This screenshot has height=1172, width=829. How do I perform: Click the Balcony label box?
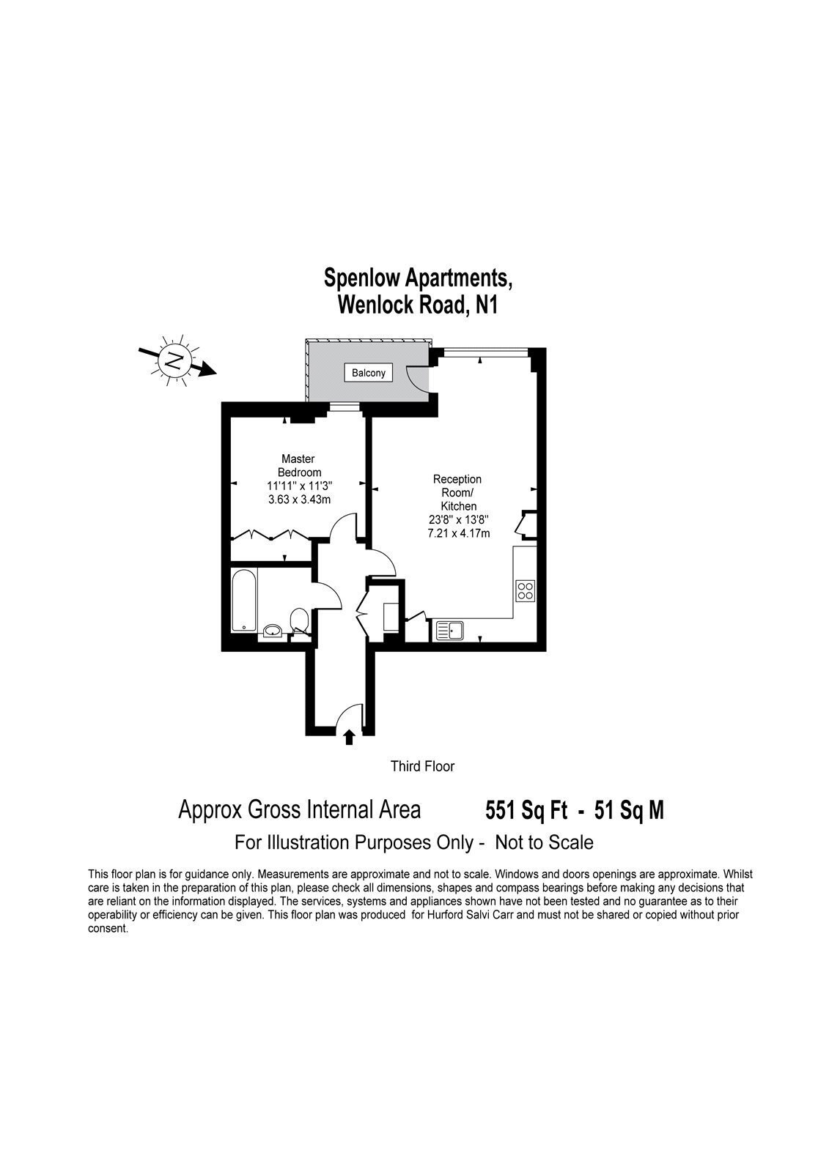(368, 373)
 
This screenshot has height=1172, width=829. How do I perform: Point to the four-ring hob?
(526, 590)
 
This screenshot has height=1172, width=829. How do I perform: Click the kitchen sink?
(450, 631)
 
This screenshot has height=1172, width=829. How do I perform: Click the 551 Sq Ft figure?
(526, 810)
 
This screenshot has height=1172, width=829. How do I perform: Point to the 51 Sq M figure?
(629, 810)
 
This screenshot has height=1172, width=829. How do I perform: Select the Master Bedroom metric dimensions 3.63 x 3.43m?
(299, 500)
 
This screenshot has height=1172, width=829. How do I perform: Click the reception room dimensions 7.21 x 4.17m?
(459, 534)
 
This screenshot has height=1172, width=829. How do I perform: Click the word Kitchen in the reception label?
(458, 506)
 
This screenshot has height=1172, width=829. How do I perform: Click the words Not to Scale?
(544, 842)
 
